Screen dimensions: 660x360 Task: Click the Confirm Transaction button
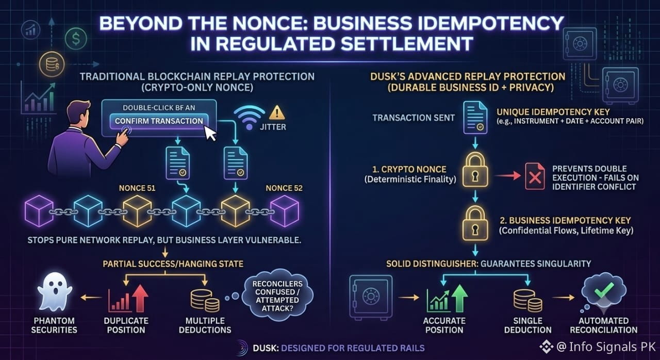(159, 121)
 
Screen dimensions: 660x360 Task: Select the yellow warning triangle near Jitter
(277, 112)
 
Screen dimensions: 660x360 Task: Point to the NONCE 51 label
(137, 188)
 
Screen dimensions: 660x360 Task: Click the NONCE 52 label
(284, 188)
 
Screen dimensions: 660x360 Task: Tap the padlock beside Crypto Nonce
(475, 170)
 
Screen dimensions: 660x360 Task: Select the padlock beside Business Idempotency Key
(475, 223)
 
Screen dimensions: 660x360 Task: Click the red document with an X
(535, 176)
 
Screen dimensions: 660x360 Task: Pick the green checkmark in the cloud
(604, 289)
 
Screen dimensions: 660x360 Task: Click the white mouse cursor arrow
(210, 134)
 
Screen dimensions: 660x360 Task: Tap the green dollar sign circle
(76, 39)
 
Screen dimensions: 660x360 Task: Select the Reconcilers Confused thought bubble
(277, 296)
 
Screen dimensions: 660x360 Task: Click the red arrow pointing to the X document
(507, 175)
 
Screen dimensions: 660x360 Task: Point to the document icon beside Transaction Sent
(475, 118)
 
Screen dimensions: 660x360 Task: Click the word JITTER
(273, 127)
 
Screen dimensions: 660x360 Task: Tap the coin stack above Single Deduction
(527, 301)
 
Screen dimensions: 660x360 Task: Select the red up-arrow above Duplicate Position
(140, 298)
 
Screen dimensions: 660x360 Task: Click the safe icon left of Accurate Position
(371, 297)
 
